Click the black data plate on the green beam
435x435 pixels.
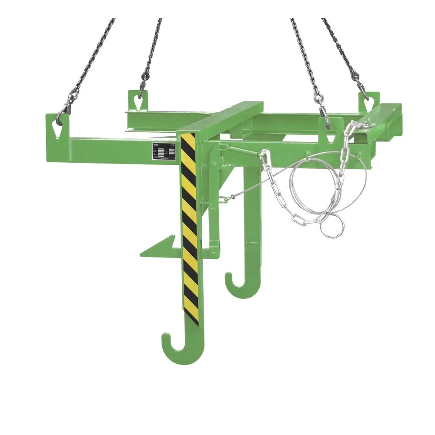[164, 151]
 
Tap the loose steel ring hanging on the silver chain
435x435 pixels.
[332, 227]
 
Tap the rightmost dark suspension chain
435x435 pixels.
[344, 52]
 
